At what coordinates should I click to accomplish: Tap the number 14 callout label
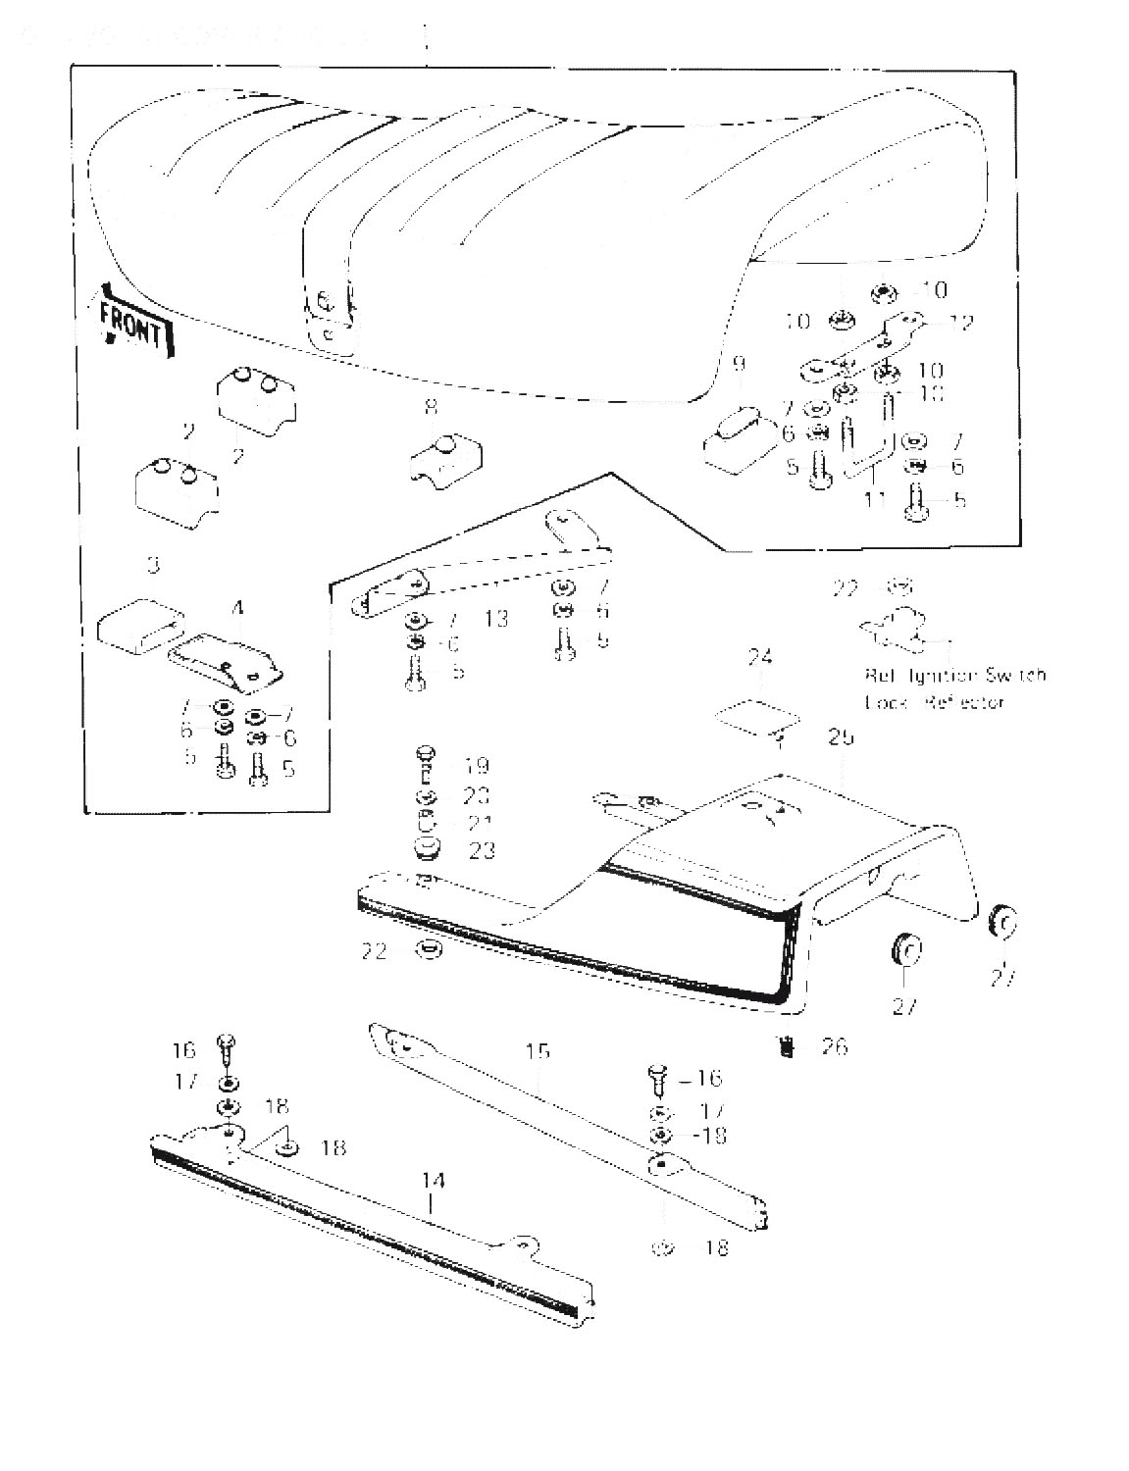[433, 1179]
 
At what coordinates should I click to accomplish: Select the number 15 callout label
[538, 1052]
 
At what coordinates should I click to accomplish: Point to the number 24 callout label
[759, 657]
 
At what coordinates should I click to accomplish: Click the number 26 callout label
[834, 1046]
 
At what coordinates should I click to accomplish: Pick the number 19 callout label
[478, 766]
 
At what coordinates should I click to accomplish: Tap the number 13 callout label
[496, 619]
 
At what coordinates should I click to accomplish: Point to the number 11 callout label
[876, 500]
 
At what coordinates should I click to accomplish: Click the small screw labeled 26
[786, 1046]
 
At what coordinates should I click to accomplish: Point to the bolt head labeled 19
[426, 752]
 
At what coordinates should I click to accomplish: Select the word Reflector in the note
[964, 703]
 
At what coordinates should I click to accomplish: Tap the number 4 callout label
[237, 609]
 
